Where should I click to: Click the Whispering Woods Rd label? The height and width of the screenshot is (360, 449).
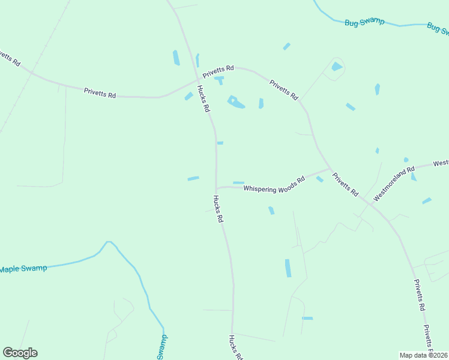(274, 185)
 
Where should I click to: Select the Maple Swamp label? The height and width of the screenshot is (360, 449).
(23, 268)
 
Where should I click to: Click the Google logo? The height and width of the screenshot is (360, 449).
(20, 353)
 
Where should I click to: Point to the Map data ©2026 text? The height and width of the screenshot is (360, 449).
(423, 355)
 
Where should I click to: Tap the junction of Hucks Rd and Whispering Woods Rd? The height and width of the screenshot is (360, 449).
(217, 188)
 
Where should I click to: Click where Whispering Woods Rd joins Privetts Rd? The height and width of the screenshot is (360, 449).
(330, 168)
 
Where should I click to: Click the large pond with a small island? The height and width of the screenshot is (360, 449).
(236, 103)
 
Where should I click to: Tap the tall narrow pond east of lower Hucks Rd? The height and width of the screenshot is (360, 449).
(288, 268)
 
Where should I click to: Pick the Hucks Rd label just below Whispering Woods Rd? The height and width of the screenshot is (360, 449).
(218, 209)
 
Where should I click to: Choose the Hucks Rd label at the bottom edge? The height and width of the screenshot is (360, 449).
(235, 347)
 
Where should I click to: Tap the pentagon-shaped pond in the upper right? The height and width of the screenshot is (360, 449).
(337, 67)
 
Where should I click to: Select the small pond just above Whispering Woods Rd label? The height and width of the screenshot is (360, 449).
(238, 182)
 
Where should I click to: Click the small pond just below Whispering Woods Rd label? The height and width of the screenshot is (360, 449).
(271, 210)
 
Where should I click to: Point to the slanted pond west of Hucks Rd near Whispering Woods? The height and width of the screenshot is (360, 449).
(193, 178)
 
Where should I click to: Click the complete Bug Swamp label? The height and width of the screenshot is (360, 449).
(364, 22)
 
